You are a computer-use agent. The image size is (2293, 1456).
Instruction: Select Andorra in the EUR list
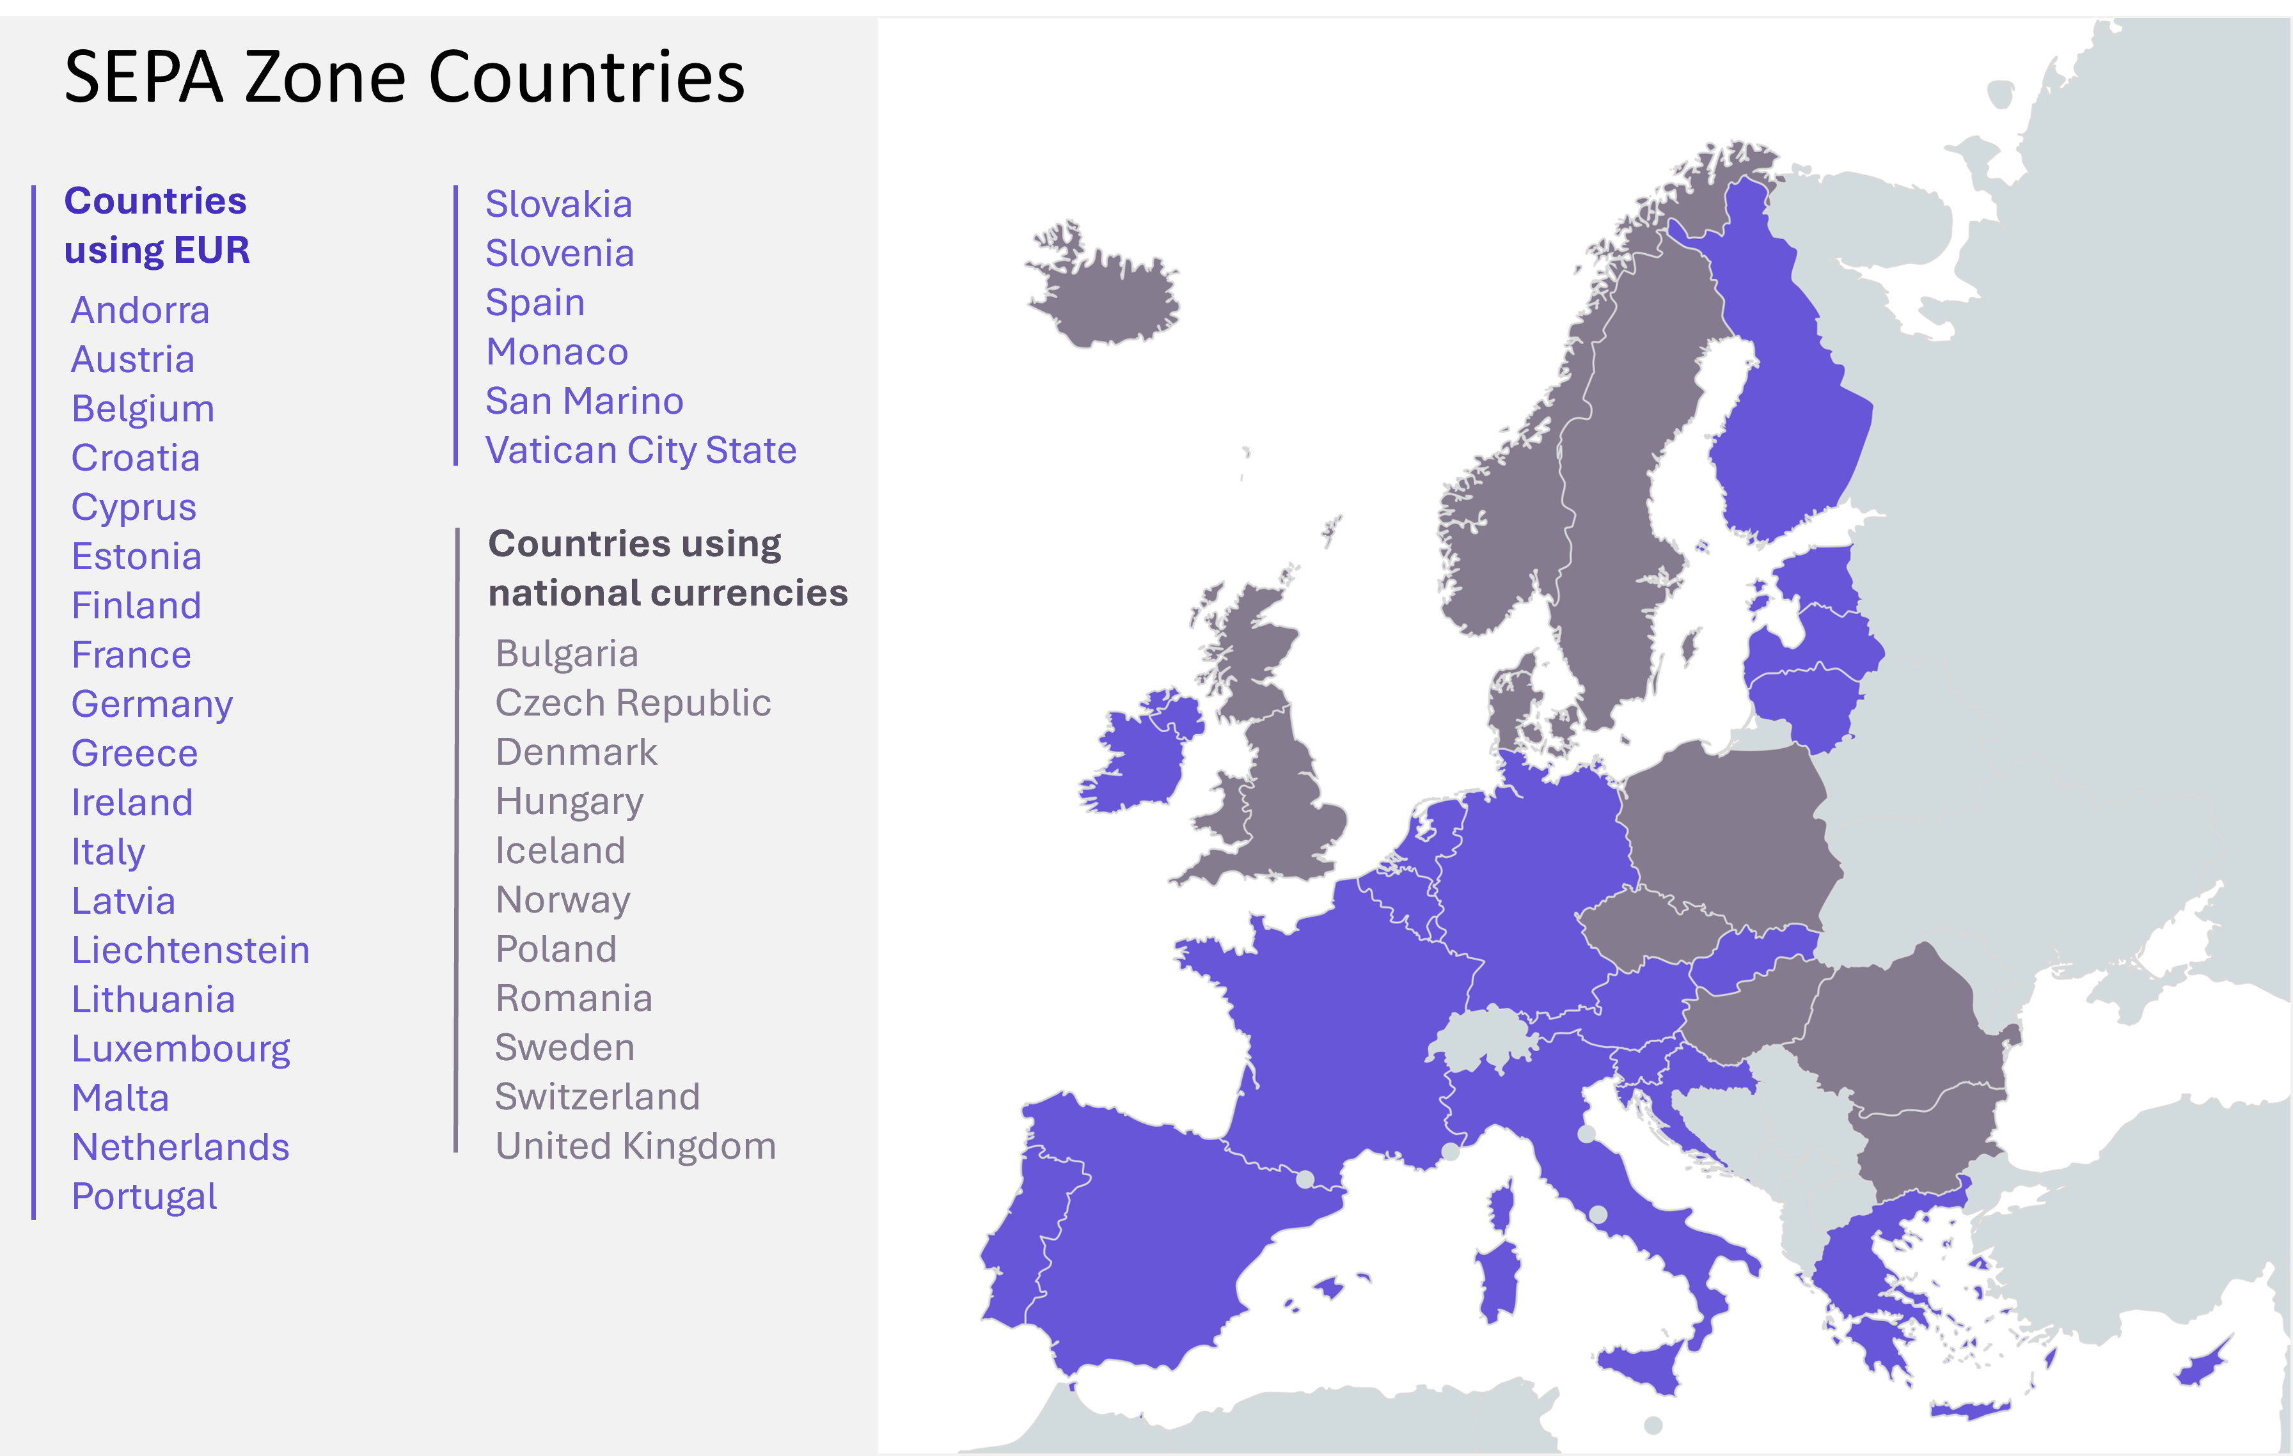tap(140, 310)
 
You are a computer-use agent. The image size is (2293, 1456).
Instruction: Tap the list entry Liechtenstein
tap(191, 950)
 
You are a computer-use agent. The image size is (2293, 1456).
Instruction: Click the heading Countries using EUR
tap(157, 226)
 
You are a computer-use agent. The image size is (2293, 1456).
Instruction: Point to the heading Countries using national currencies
tap(668, 568)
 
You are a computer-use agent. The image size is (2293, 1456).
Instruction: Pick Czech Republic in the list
tap(633, 703)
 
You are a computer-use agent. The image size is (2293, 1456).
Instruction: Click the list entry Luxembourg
tap(181, 1049)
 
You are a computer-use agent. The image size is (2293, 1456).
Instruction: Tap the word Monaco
tap(557, 352)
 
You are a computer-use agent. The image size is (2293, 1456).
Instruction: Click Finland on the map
tap(1790, 400)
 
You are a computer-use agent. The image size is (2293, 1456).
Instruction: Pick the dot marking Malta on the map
tap(1654, 1425)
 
